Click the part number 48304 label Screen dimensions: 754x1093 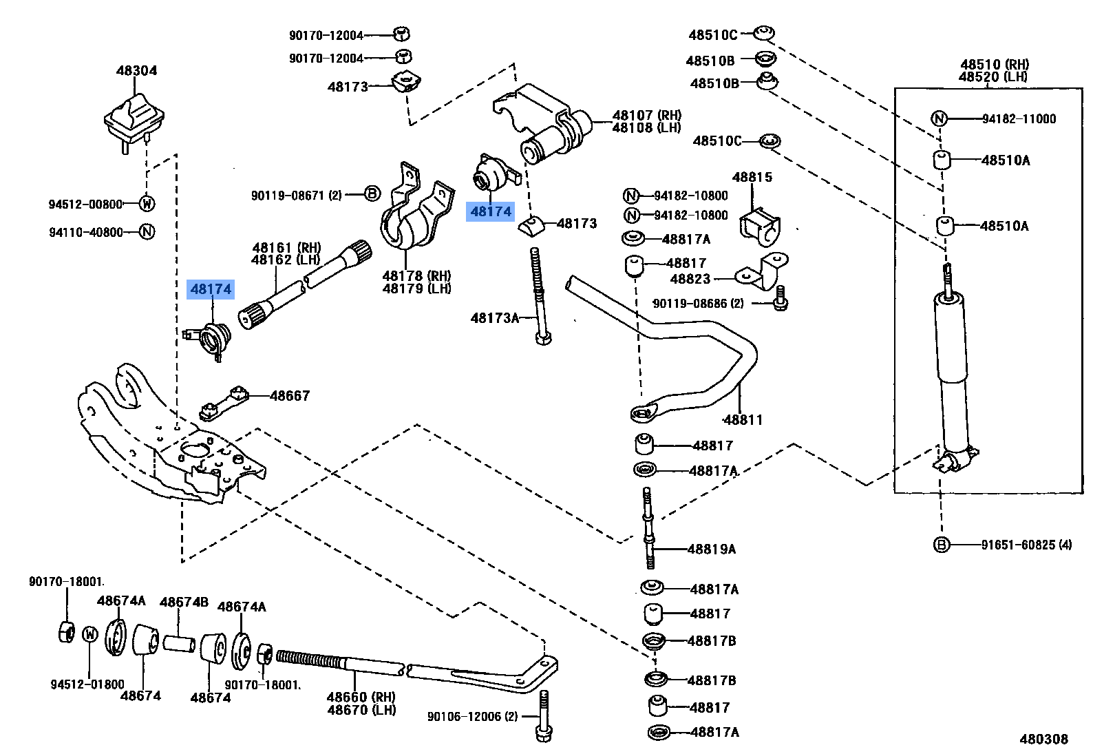click(x=136, y=70)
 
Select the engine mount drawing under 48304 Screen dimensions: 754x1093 click(x=134, y=123)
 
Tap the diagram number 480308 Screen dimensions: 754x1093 click(x=1043, y=739)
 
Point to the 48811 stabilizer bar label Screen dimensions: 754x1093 click(x=743, y=419)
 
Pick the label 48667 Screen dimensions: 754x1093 click(x=290, y=395)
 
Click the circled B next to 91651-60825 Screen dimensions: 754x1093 click(x=941, y=545)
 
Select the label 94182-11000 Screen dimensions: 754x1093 click(x=1019, y=119)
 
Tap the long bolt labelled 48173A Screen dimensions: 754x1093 click(x=540, y=296)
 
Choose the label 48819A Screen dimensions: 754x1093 click(x=712, y=549)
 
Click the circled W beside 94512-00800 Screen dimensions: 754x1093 click(x=147, y=204)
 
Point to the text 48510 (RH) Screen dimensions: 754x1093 click(x=995, y=65)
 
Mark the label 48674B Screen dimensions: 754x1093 click(x=184, y=602)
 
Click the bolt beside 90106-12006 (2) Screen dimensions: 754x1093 click(x=543, y=716)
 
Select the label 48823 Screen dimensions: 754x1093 click(x=690, y=279)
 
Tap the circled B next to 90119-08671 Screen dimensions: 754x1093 click(x=372, y=194)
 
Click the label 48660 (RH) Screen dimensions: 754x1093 click(x=361, y=697)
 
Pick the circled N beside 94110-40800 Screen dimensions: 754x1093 click(x=147, y=232)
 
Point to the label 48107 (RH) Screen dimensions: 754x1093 click(x=646, y=115)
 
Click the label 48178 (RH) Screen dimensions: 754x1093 click(x=416, y=276)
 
